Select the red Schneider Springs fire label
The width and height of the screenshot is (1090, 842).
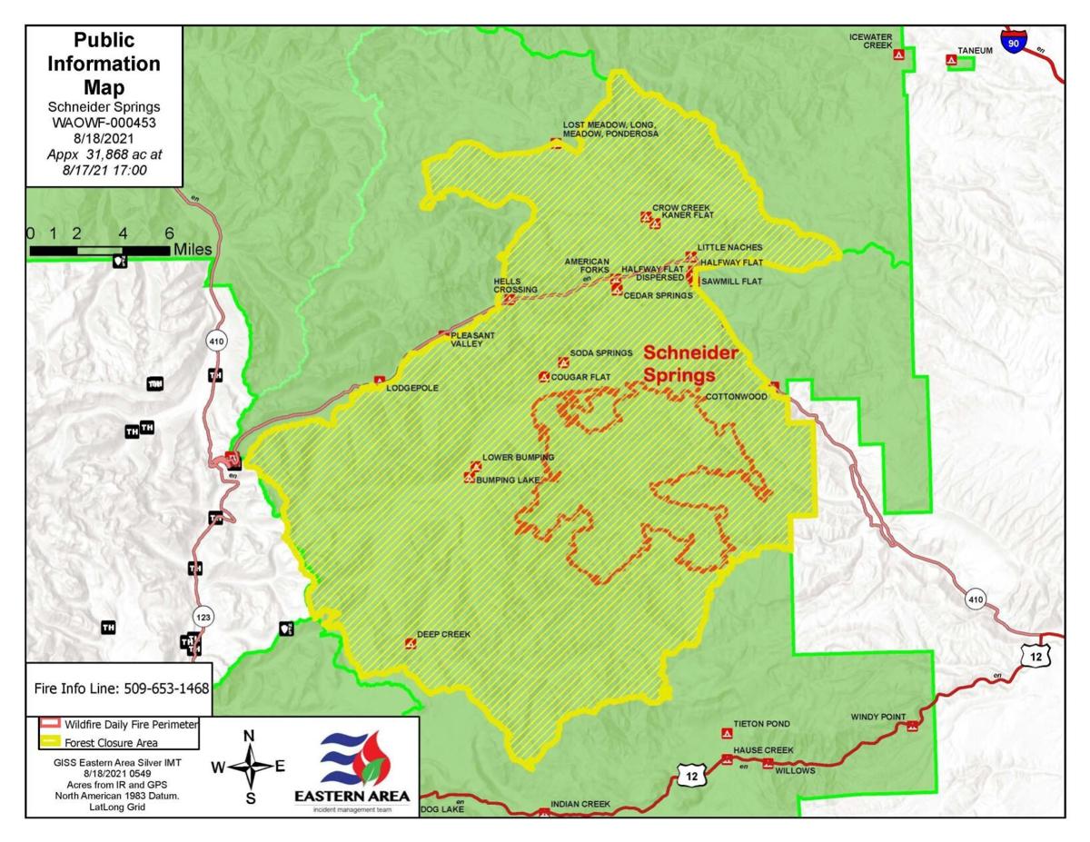pos(690,362)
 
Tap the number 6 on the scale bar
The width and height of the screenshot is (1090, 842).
pos(169,233)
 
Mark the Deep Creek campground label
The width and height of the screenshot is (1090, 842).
pos(443,634)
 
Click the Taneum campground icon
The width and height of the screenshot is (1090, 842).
pos(952,62)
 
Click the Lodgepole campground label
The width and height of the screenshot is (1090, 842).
pos(412,388)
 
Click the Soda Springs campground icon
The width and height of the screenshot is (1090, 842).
pos(562,362)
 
